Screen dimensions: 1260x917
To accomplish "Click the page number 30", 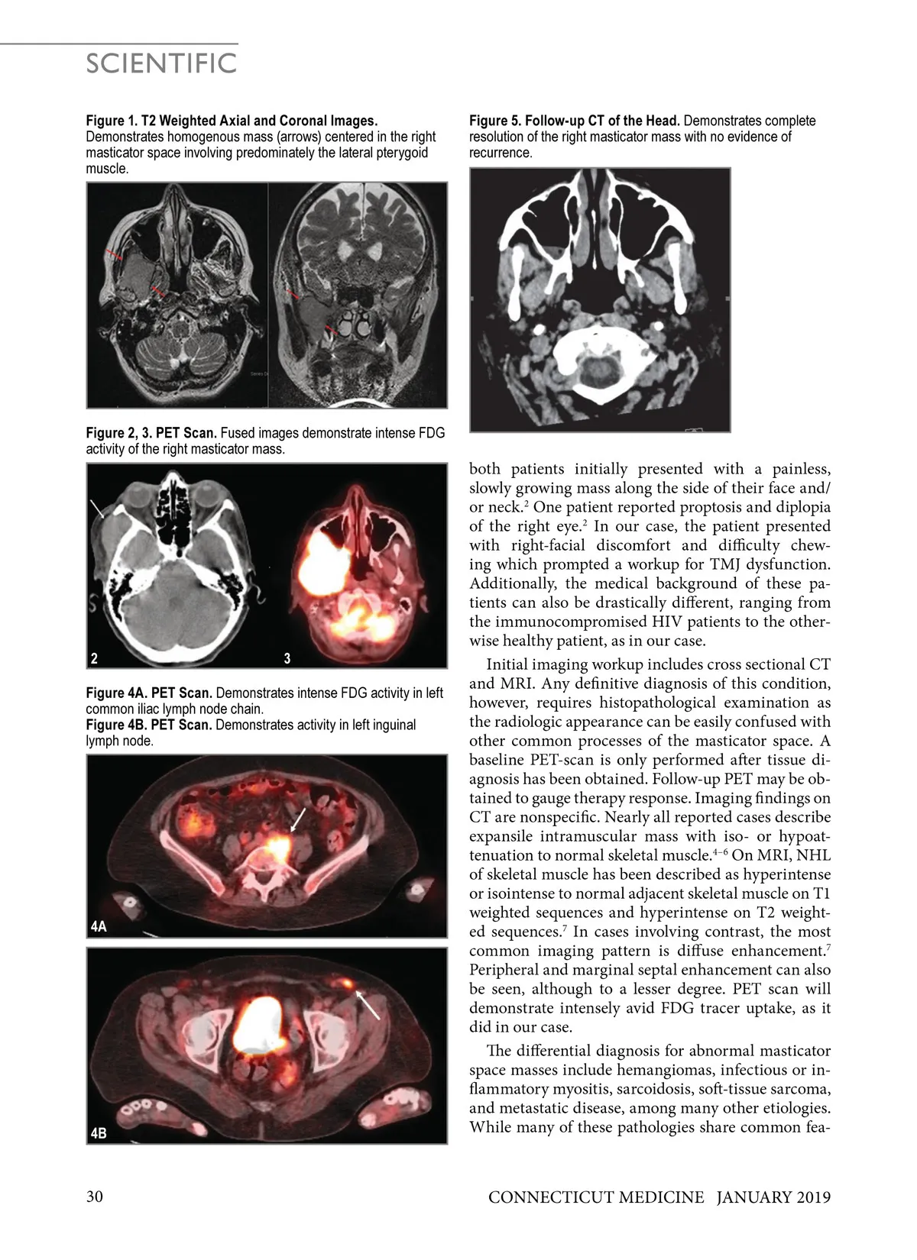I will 95,1197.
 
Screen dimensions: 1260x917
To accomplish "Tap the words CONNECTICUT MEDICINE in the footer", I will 596,1197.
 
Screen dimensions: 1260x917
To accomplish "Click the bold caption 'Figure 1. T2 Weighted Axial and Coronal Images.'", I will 232,121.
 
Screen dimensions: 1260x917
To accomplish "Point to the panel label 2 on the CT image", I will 93,658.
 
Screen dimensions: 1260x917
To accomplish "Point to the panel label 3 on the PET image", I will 287,658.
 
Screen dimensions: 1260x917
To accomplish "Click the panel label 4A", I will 98,927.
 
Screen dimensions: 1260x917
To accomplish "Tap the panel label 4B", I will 98,1133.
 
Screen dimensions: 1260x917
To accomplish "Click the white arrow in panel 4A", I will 299,820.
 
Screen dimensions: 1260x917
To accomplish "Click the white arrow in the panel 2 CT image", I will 97,509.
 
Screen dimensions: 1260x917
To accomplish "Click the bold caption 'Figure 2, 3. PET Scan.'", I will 151,433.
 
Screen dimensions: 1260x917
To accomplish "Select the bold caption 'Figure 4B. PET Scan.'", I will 149,725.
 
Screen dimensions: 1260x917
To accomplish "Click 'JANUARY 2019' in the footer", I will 773,1197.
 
